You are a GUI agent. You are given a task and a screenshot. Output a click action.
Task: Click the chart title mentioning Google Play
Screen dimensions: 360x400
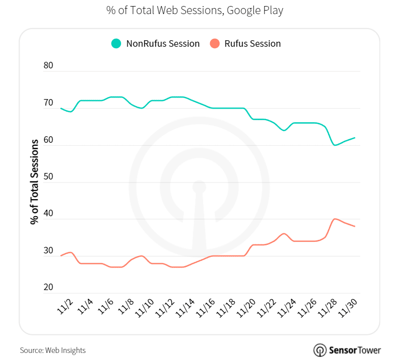(194, 10)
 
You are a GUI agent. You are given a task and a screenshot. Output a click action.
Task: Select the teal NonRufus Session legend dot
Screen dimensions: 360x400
(116, 44)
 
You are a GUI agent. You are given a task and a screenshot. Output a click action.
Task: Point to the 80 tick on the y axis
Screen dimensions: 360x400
(48, 65)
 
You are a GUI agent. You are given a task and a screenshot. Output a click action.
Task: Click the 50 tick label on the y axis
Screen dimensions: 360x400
(48, 177)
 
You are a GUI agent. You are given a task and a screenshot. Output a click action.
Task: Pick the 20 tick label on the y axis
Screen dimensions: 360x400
(48, 288)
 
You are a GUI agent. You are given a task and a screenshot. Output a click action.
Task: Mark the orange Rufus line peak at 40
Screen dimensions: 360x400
(335, 219)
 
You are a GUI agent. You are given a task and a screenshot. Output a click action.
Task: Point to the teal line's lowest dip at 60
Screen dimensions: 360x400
(335, 145)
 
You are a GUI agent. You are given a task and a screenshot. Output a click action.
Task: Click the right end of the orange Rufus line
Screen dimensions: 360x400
(355, 226)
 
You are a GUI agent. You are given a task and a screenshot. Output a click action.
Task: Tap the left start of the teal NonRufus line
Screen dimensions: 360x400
(61, 108)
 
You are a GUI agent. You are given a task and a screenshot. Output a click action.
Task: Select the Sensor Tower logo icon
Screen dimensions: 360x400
(320, 350)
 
